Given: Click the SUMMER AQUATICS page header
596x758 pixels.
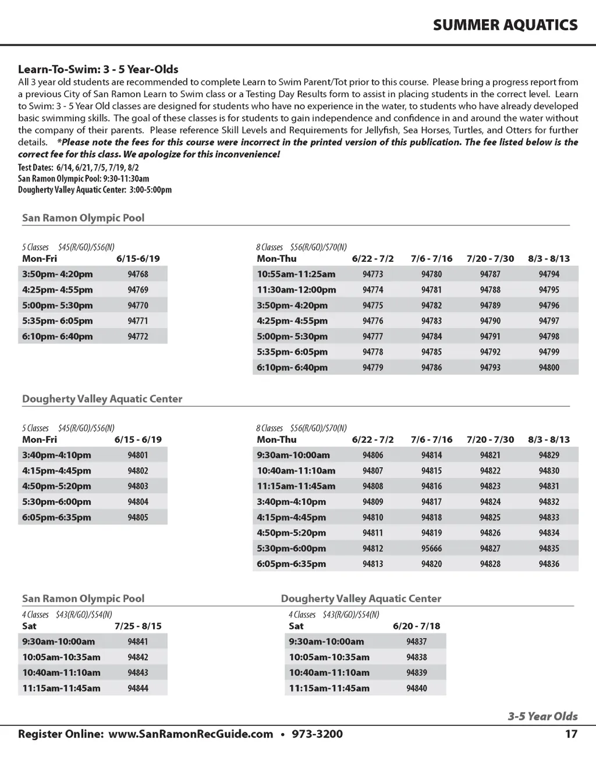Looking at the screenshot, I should [x=505, y=25].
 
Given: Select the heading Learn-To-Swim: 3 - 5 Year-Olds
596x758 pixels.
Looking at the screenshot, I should [x=98, y=69].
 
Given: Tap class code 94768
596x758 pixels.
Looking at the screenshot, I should [x=138, y=274].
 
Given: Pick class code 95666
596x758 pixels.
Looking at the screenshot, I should [x=431, y=548].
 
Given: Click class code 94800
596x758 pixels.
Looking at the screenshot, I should [x=549, y=367].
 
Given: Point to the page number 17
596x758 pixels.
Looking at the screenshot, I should [x=571, y=734].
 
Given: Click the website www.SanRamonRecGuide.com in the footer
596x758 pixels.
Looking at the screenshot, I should [x=190, y=734].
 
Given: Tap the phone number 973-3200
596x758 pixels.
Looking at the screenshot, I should [x=317, y=734].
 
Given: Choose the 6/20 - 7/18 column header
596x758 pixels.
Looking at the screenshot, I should [x=417, y=626].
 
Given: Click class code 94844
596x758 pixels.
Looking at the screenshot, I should [x=138, y=688].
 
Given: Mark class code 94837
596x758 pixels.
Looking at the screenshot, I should [x=417, y=641].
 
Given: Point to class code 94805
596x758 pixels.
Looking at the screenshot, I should [x=138, y=517].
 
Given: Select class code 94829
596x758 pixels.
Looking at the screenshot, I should [x=549, y=455].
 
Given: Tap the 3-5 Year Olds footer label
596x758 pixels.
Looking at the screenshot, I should [x=542, y=716].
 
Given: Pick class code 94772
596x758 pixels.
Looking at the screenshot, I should [x=138, y=336].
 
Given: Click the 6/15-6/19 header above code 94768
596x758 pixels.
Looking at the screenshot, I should [x=138, y=258].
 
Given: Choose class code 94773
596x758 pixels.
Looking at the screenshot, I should [x=372, y=274].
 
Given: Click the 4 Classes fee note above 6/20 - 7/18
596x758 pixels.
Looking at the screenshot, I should [x=334, y=614].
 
